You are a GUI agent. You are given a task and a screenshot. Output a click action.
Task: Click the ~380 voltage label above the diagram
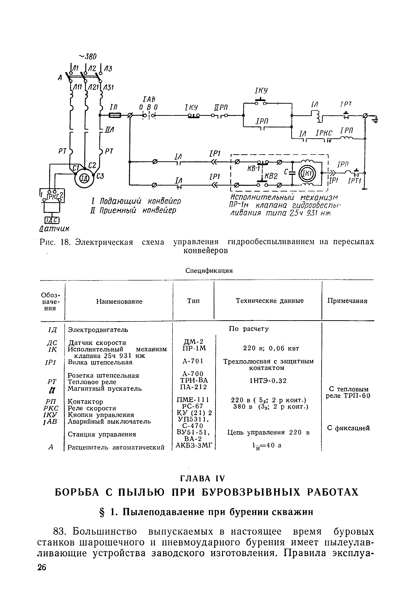pyautogui.click(x=88, y=56)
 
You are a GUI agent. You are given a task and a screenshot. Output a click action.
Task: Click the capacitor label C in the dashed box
pyautogui.click(x=286, y=172)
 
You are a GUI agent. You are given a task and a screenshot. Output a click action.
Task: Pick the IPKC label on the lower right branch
pyautogui.click(x=323, y=133)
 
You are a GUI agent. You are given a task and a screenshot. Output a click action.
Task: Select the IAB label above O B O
pyautogui.click(x=149, y=100)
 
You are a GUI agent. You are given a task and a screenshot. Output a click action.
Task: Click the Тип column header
pyautogui.click(x=194, y=301)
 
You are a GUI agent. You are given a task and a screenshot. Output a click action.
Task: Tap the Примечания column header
pyautogui.click(x=347, y=301)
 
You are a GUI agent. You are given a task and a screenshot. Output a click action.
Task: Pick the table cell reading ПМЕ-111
pyautogui.click(x=193, y=400)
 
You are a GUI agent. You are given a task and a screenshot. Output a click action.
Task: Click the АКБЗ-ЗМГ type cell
pyautogui.click(x=194, y=445)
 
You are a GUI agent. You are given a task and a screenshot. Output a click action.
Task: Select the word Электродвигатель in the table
pyautogui.click(x=98, y=330)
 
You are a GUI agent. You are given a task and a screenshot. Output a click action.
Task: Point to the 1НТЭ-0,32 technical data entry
pyautogui.click(x=268, y=381)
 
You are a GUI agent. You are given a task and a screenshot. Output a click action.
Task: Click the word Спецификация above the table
pyautogui.click(x=209, y=271)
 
